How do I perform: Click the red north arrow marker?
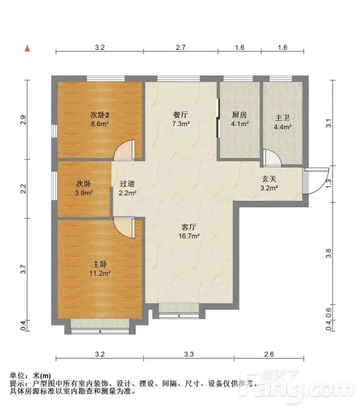pos(27,49)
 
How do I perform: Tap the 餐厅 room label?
pos(181,114)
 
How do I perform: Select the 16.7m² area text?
pos(189,236)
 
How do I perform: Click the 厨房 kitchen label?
pos(240,114)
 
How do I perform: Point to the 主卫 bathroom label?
pos(283,118)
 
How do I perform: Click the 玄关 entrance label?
pos(269,179)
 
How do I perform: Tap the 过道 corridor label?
pos(127,184)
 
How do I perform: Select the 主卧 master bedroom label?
pos(100,264)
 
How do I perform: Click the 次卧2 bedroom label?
pos(100,114)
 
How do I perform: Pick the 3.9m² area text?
pos(84,193)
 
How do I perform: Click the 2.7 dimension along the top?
pos(181,47)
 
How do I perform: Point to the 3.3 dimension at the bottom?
pos(189,354)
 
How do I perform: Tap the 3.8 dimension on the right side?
pos(329,253)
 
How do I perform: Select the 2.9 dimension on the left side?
pos(23,120)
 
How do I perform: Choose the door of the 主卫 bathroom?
pos(272,158)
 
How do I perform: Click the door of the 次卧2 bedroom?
pos(125,150)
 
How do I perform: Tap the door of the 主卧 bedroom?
pos(125,228)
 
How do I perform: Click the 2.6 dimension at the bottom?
pos(269,354)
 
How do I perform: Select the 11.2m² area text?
pos(100,274)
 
